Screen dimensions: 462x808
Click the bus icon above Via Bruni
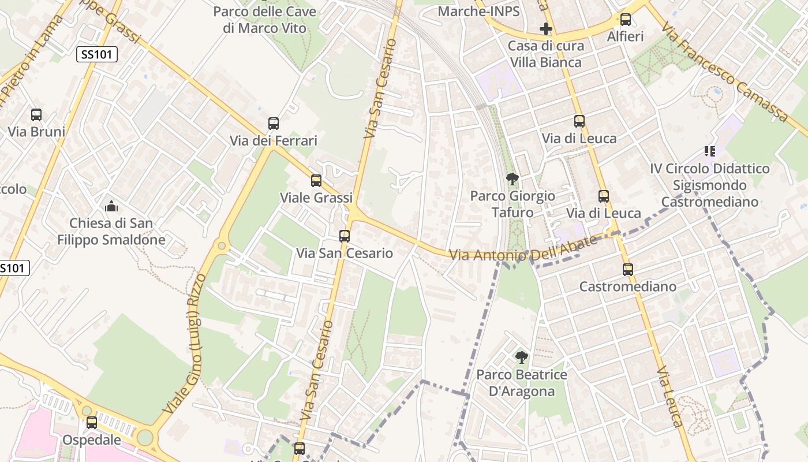tap(36, 115)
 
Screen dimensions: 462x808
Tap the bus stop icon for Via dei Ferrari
tap(274, 124)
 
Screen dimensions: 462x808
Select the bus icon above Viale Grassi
tap(316, 181)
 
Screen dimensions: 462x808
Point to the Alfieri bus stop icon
tap(625, 20)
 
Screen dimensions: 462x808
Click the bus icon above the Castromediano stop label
tap(627, 270)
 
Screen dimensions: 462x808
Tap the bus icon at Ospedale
tap(92, 423)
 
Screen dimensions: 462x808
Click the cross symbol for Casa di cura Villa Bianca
tap(545, 28)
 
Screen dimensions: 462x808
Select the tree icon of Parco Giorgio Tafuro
tap(512, 179)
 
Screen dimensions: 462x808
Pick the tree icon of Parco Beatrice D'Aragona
tap(521, 357)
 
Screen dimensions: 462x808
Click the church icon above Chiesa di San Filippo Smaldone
tap(111, 206)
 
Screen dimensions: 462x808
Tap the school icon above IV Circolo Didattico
tap(709, 151)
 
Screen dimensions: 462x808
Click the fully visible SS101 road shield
tap(97, 55)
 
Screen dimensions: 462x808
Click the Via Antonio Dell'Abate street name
tap(523, 249)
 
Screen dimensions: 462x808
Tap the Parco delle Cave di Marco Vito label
tap(265, 20)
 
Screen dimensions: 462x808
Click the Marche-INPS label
tap(478, 11)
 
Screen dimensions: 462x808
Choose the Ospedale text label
tap(92, 440)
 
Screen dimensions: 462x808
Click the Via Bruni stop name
tap(36, 132)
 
